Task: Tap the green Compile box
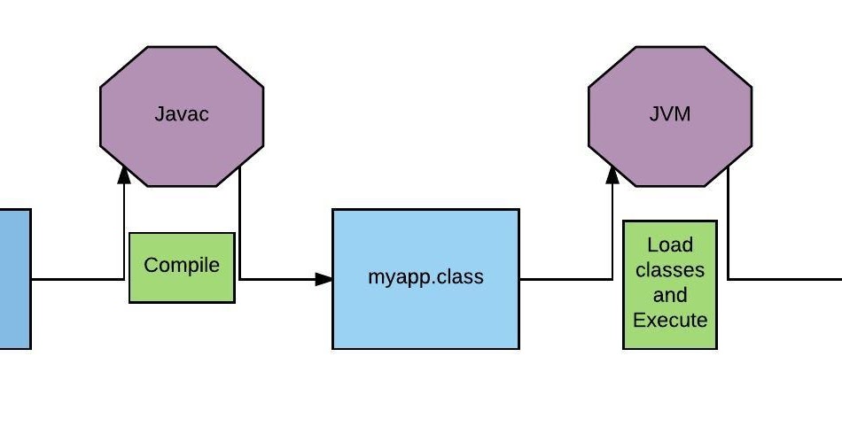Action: pos(182,267)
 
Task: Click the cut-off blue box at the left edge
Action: pos(15,279)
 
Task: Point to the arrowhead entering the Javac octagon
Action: pos(124,174)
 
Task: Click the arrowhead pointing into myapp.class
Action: pos(324,279)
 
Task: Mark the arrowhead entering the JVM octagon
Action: pos(612,174)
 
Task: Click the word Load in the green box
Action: pos(670,244)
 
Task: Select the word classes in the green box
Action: pos(670,269)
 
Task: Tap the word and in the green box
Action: pos(670,294)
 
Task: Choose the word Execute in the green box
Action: pos(670,319)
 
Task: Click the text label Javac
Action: pos(182,114)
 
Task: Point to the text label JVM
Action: pos(670,114)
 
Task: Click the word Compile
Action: pos(182,265)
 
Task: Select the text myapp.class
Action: pos(425,276)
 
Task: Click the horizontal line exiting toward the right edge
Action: pos(784,279)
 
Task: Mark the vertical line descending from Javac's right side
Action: pos(240,221)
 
